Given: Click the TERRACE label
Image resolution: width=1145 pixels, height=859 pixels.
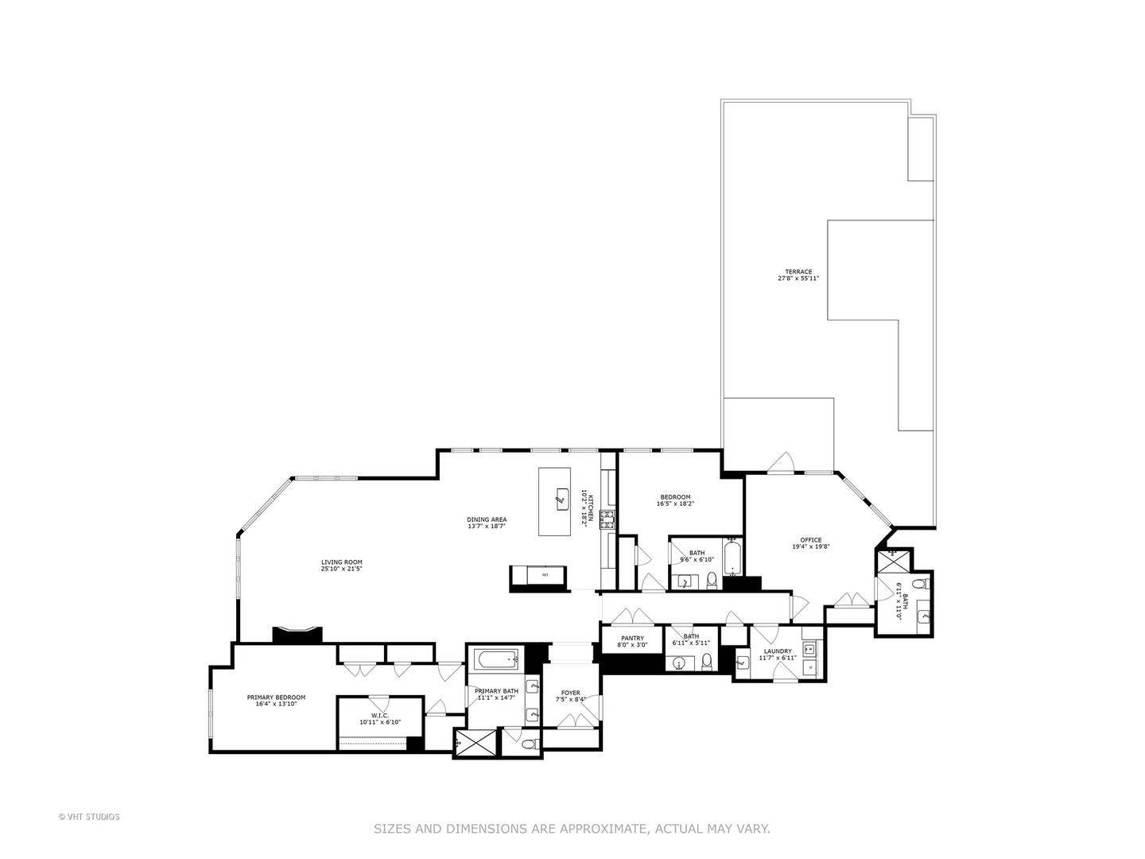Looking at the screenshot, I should tap(798, 272).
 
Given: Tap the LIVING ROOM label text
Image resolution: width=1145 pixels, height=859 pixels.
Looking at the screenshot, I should tap(341, 563).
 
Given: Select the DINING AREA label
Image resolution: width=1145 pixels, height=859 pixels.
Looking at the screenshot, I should tap(487, 520).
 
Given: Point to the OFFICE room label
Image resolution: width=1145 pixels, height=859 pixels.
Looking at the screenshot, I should tap(811, 540).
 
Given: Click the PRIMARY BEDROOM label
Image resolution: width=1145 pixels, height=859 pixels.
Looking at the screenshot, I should tap(276, 698).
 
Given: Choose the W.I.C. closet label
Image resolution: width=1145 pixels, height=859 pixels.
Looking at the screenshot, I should tap(379, 716).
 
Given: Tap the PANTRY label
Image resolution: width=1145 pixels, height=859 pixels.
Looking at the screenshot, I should tap(632, 638).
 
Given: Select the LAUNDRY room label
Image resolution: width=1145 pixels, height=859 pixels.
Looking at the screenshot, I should tap(778, 651).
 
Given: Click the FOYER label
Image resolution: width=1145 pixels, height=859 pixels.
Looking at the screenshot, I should tap(570, 693).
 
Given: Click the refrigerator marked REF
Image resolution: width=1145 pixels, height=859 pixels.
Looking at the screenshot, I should tap(545, 574).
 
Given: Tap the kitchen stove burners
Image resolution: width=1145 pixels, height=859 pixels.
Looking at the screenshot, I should tap(607, 519).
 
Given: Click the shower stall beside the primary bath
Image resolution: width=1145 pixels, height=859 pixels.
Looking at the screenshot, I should tap(475, 743).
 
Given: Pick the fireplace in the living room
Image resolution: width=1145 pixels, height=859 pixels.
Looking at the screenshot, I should tap(297, 634).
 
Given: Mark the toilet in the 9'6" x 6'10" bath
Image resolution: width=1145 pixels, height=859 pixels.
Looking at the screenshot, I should tap(712, 580).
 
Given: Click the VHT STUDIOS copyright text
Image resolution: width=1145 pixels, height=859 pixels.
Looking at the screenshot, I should tap(89, 817).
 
